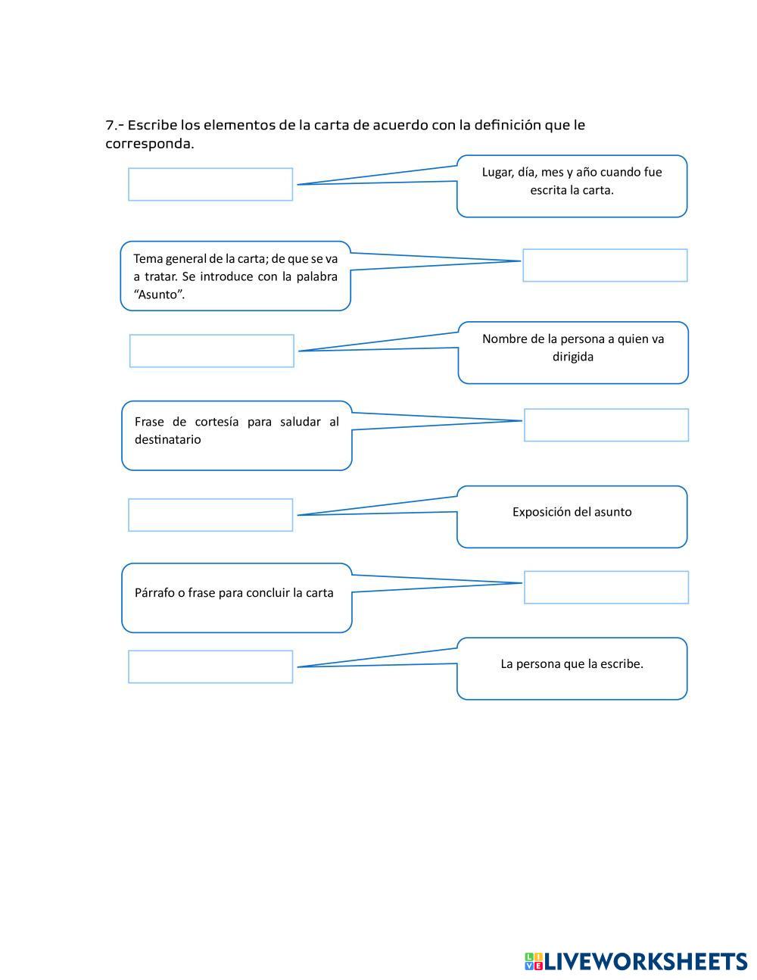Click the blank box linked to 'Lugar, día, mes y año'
coord(210,184)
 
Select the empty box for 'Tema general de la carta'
coord(605,265)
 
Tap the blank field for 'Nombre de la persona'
coord(212,351)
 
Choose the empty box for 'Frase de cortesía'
coord(606,425)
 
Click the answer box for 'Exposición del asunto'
coord(210,515)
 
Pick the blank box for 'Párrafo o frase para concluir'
coord(606,587)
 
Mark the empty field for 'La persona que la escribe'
coord(210,666)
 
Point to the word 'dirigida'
coord(573,357)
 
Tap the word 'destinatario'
coord(167,439)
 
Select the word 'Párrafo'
coord(154,593)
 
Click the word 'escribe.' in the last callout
coord(621,664)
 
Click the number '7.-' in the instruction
coord(114,125)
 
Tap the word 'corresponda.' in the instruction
coord(149,144)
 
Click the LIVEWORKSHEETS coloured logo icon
coord(534,961)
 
